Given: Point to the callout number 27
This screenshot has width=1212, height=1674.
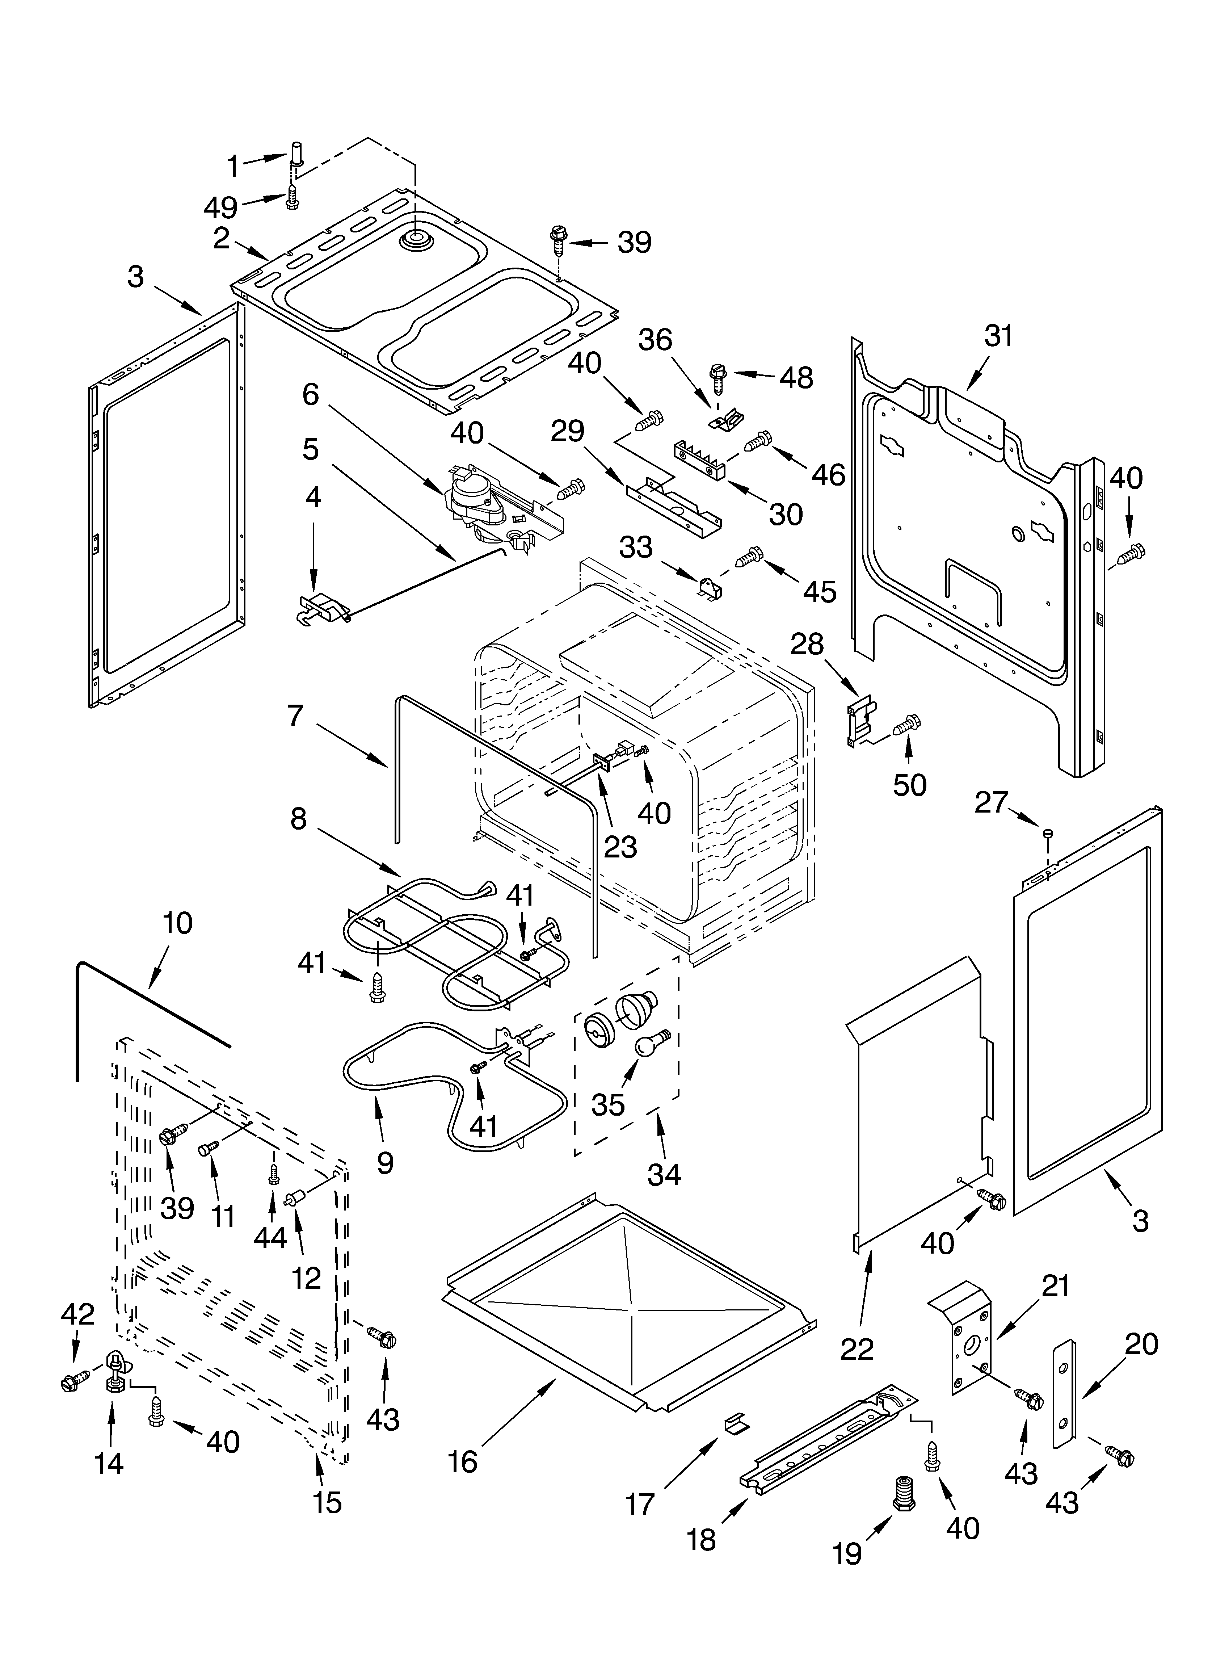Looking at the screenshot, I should pos(990,802).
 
